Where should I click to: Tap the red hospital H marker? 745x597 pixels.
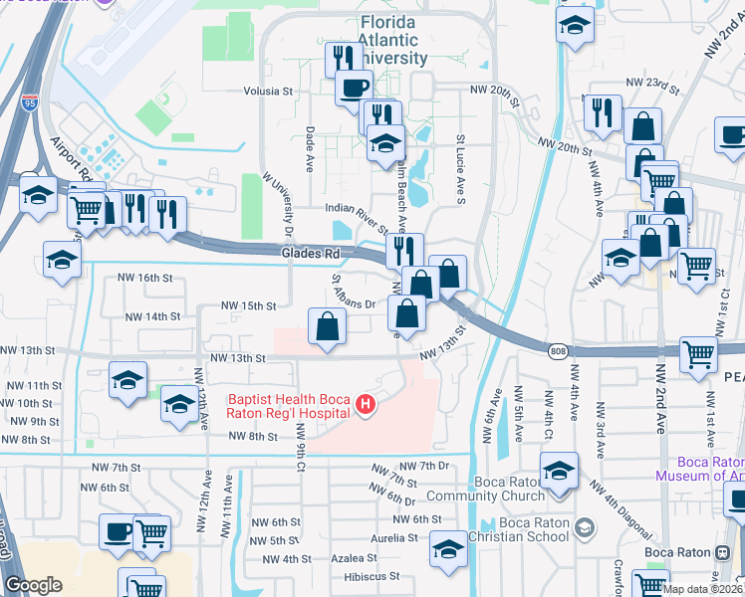pyautogui.click(x=366, y=404)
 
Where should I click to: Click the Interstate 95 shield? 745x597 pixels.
pyautogui.click(x=29, y=101)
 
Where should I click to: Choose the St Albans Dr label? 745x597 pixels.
pyautogui.click(x=354, y=294)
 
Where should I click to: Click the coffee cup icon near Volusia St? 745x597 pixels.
pyautogui.click(x=353, y=89)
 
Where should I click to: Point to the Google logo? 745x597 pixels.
pyautogui.click(x=33, y=585)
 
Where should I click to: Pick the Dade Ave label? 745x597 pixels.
pyautogui.click(x=311, y=144)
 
